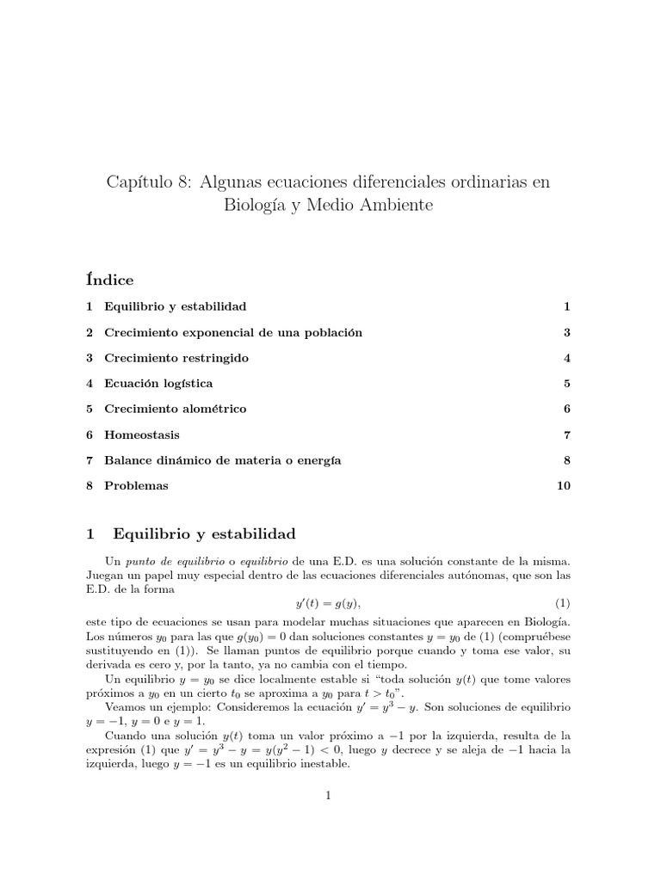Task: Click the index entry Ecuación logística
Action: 158,384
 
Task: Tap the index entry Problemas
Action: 136,486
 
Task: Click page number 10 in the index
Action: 564,486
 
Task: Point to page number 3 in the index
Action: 567,332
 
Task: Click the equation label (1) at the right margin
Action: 563,601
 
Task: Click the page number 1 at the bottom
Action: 329,797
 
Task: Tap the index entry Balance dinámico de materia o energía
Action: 222,461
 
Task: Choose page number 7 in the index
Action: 567,435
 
